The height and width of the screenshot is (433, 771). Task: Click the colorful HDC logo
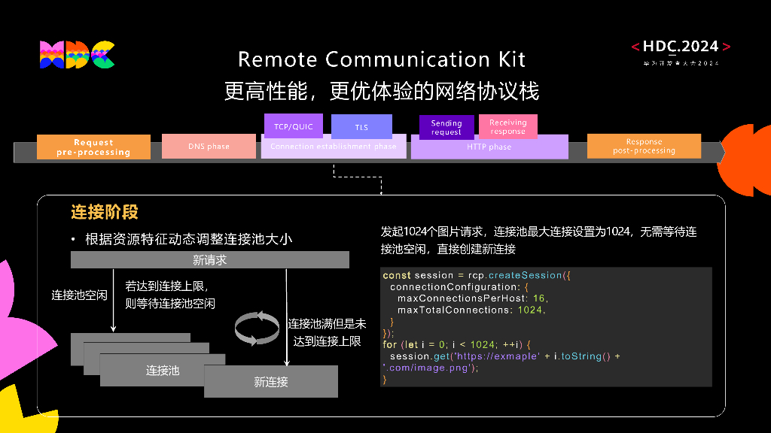click(x=77, y=54)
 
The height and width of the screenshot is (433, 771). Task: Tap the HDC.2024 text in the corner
click(x=681, y=47)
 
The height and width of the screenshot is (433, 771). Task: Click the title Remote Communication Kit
click(x=382, y=59)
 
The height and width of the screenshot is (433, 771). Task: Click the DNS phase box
click(x=209, y=147)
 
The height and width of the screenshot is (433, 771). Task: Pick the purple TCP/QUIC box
click(x=293, y=126)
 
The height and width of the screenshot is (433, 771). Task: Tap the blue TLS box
click(x=361, y=127)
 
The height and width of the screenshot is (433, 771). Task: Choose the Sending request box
click(x=446, y=128)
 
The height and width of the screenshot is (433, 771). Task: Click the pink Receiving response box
click(x=507, y=127)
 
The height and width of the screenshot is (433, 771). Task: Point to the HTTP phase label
click(x=489, y=147)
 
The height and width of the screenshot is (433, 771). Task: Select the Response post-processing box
click(x=644, y=146)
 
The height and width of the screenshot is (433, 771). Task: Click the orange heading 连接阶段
click(x=105, y=213)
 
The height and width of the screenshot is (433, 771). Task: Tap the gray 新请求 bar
click(x=209, y=260)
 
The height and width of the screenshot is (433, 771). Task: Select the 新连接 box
click(x=271, y=382)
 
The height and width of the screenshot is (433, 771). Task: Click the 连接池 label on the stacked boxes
click(x=163, y=370)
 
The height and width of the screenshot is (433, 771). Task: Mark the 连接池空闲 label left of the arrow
click(x=79, y=295)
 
